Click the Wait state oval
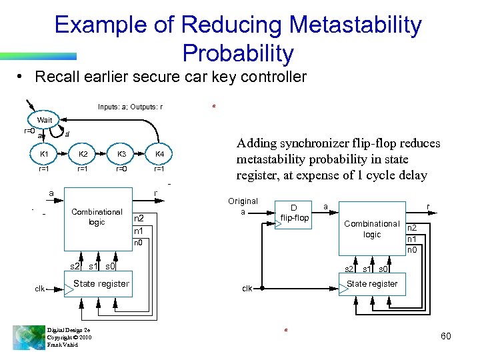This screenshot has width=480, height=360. [x=45, y=120]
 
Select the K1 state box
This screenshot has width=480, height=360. [x=44, y=155]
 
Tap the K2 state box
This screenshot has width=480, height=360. [x=83, y=155]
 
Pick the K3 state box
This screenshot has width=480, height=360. [x=122, y=155]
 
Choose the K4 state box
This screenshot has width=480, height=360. [x=160, y=155]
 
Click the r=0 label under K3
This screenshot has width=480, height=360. [x=122, y=169]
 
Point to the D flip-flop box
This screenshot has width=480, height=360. [x=293, y=213]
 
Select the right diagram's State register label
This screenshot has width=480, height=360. [x=372, y=283]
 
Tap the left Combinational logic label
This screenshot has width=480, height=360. [x=97, y=217]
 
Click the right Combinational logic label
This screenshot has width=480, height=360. [x=372, y=229]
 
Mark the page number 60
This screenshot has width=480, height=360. [x=445, y=336]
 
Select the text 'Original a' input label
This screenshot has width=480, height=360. [x=243, y=206]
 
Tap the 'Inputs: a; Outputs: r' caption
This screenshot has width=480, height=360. [x=131, y=107]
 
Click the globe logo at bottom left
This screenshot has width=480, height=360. [x=28, y=336]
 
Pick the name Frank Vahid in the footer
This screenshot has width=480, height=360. [x=63, y=345]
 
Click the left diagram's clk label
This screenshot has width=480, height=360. [x=41, y=288]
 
